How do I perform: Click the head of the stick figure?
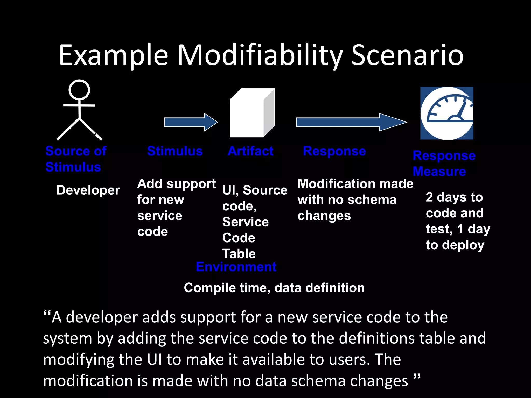point(79,90)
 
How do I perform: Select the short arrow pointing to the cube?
point(191,122)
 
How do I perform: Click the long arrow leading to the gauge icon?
point(351,122)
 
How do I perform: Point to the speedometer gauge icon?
point(447,113)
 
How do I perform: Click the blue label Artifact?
point(250,151)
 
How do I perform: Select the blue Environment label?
point(236,267)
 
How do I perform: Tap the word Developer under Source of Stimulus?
point(88,190)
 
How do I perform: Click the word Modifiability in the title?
point(260,55)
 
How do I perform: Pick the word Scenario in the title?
point(407,55)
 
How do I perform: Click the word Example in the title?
point(114,55)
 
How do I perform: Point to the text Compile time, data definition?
point(274,288)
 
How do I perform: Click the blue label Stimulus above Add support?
point(175,151)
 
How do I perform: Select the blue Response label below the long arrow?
point(334,151)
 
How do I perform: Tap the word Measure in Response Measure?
point(439,172)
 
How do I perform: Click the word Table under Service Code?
point(239,254)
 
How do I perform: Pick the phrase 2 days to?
point(454,197)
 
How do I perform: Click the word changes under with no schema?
point(324,216)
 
